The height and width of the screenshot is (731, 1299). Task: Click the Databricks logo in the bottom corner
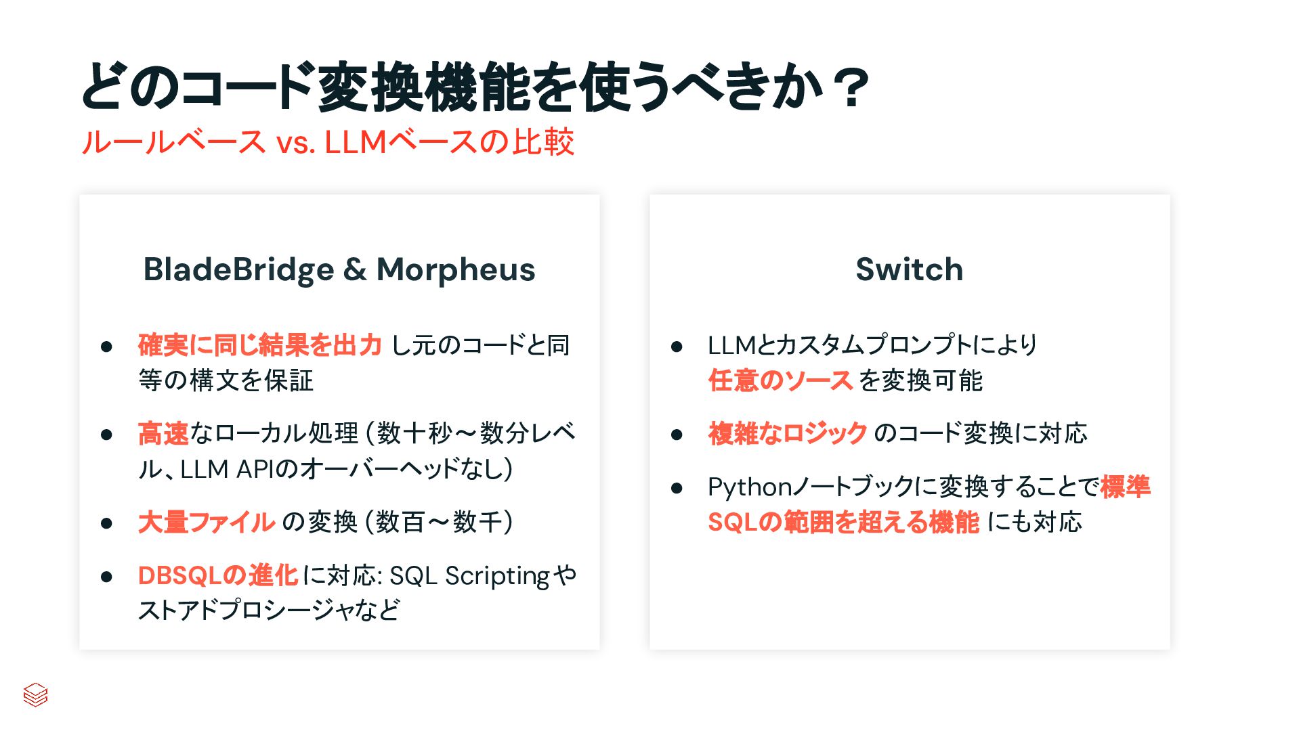point(35,694)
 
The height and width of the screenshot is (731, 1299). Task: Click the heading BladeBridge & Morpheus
point(339,269)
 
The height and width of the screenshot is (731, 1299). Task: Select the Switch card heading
point(909,269)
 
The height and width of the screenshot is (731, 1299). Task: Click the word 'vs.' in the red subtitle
point(295,143)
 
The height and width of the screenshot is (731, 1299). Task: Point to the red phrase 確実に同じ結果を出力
point(260,345)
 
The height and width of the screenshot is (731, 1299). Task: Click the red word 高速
point(163,433)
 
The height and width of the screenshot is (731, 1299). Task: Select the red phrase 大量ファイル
point(207,522)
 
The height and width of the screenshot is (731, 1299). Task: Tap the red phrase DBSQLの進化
point(217,575)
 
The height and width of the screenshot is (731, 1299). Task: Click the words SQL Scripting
point(469,576)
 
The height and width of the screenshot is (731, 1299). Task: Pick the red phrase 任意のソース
point(780,380)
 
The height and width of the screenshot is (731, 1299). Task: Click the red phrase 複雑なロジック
point(788,433)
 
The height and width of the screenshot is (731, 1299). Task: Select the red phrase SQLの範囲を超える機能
point(843,522)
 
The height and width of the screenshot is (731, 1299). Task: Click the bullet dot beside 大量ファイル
point(106,523)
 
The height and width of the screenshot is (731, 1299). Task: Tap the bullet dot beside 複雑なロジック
point(677,434)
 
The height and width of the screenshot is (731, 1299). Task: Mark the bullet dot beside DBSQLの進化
point(106,576)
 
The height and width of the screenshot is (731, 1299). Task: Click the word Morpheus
point(456,269)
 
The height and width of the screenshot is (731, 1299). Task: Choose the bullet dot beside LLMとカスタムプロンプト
point(677,347)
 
